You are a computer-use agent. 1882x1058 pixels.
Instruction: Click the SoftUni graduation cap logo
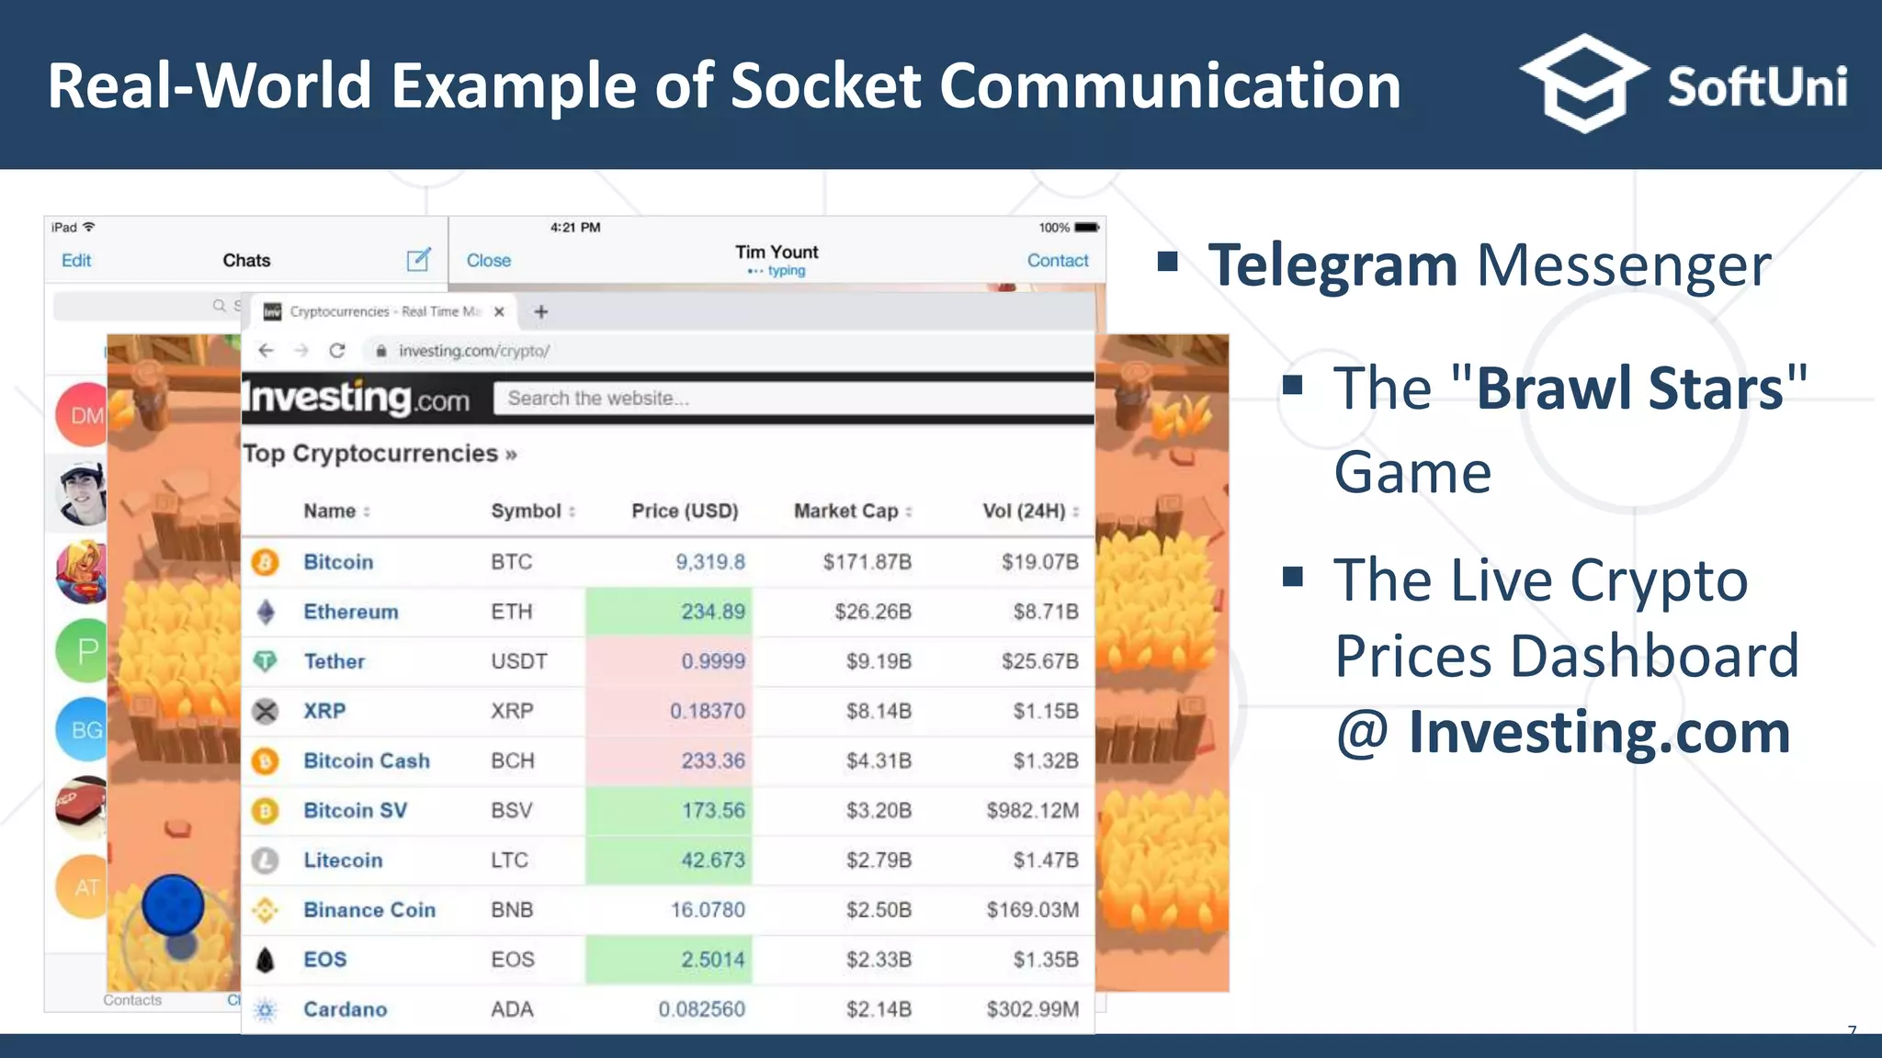click(x=1583, y=84)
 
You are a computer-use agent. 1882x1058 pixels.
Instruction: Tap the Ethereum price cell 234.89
click(x=712, y=612)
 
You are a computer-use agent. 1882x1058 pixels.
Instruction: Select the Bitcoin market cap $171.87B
click(x=867, y=562)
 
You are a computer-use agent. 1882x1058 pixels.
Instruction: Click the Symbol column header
click(x=526, y=512)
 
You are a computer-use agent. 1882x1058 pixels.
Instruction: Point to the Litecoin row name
click(x=343, y=861)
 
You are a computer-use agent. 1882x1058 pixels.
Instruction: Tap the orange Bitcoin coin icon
click(x=266, y=562)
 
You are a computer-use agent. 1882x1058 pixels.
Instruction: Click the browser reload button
click(x=337, y=351)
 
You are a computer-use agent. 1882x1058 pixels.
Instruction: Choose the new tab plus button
click(x=541, y=312)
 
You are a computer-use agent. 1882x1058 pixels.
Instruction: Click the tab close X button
click(x=499, y=312)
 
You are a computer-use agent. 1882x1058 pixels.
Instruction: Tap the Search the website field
click(x=790, y=399)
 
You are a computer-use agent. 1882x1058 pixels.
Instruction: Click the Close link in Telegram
click(x=488, y=261)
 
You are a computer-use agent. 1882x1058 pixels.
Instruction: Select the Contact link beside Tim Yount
click(x=1057, y=261)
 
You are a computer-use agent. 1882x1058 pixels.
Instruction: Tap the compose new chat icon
click(x=418, y=260)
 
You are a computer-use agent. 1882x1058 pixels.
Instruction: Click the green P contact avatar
click(x=83, y=651)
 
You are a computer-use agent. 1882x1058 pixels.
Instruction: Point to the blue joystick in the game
click(x=173, y=906)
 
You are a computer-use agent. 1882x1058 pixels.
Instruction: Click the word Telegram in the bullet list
click(x=1332, y=265)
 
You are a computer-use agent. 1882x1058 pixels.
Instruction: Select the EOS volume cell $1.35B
click(x=1045, y=960)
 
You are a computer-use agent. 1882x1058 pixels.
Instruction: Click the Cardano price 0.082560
click(x=701, y=1009)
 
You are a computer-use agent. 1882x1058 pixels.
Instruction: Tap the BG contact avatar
click(x=83, y=730)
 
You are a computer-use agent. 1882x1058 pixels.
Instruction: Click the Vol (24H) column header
click(x=1024, y=512)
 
